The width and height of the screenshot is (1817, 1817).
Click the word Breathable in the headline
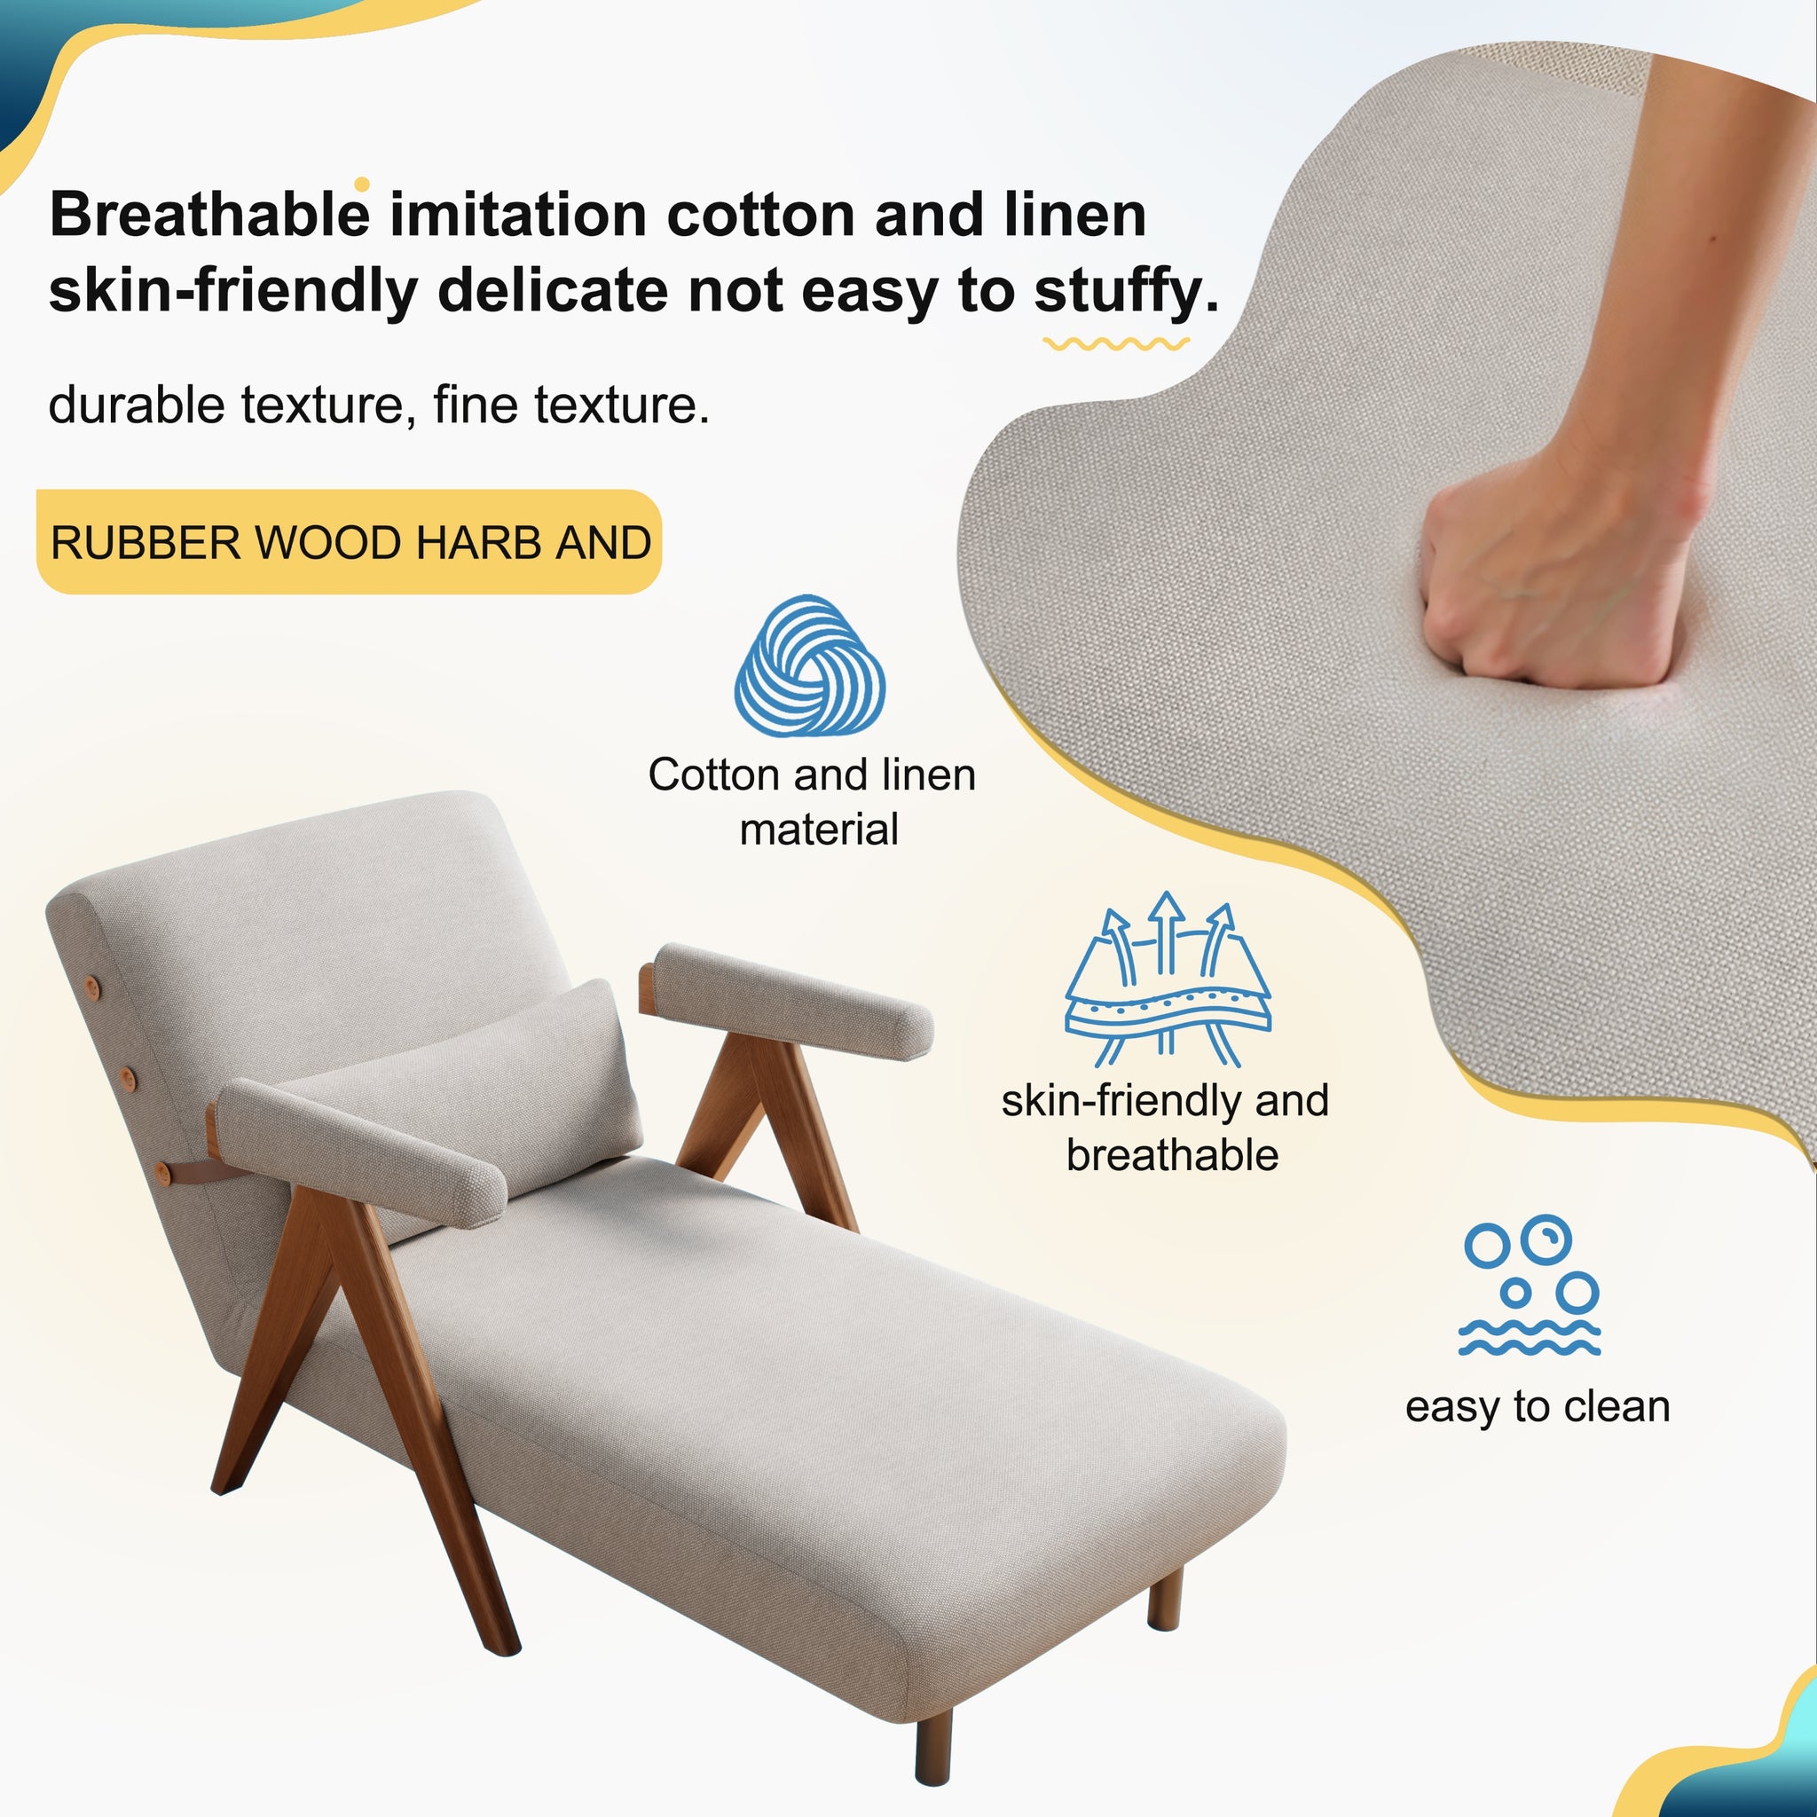pyautogui.click(x=208, y=216)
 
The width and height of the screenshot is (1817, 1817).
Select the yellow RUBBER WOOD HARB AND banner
pyautogui.click(x=349, y=542)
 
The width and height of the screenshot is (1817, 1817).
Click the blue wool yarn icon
pyautogui.click(x=809, y=666)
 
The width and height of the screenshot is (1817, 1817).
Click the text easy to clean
pyautogui.click(x=1537, y=1407)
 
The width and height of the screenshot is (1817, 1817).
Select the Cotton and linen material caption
pyautogui.click(x=813, y=801)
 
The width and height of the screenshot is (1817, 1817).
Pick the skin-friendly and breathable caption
pyautogui.click(x=1166, y=1127)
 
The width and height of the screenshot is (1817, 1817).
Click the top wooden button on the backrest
pyautogui.click(x=92, y=985)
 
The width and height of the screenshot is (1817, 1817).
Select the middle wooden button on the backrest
pyautogui.click(x=129, y=1074)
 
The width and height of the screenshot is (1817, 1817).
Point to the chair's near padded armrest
pyautogui.click(x=362, y=1152)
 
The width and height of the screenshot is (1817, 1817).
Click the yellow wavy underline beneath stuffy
pyautogui.click(x=1115, y=344)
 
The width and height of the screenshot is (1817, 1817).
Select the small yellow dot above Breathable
pyautogui.click(x=362, y=185)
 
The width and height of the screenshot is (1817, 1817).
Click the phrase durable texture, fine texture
pyautogui.click(x=378, y=405)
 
